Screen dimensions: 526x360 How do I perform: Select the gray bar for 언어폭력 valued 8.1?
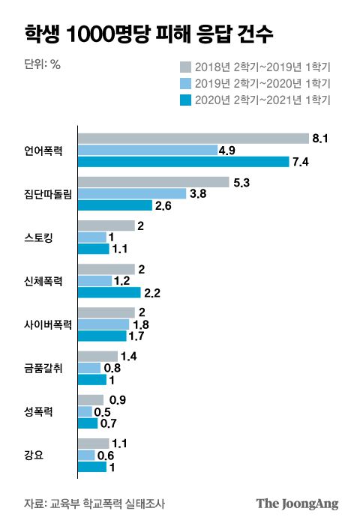click(x=193, y=138)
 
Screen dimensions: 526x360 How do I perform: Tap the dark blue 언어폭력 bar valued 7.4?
click(x=184, y=162)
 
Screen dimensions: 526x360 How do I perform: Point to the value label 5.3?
click(x=242, y=181)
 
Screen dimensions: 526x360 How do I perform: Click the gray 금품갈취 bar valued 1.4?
click(x=98, y=356)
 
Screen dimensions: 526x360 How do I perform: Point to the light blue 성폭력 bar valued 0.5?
click(x=85, y=411)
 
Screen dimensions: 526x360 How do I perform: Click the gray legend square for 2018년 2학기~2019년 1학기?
click(x=186, y=66)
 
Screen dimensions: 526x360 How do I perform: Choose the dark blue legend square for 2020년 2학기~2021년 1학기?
click(x=186, y=99)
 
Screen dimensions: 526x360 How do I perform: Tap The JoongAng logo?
click(x=298, y=503)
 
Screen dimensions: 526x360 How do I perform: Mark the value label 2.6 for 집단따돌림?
click(x=163, y=205)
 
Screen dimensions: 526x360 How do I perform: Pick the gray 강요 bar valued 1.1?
click(x=94, y=443)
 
